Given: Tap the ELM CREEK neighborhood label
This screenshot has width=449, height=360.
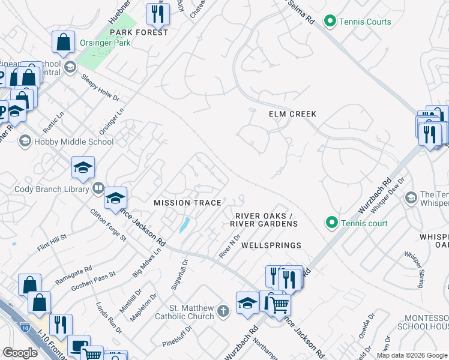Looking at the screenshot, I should coord(292,114).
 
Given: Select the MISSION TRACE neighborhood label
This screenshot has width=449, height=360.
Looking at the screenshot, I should coord(187,203).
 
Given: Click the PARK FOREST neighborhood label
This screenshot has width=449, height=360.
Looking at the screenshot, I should coord(139,32).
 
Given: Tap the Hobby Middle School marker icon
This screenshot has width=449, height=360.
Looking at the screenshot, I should coord(25,142).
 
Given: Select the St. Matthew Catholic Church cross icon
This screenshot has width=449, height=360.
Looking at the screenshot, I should coord(223,311).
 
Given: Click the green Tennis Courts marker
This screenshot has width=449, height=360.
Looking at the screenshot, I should coord(330,22).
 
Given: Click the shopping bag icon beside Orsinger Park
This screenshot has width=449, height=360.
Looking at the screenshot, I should coord(63,42).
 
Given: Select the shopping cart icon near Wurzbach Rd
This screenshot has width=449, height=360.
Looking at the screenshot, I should coord(279,304).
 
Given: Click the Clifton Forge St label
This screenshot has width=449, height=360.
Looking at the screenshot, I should coord(108,226).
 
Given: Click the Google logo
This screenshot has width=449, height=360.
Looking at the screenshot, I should coord(20,353).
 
